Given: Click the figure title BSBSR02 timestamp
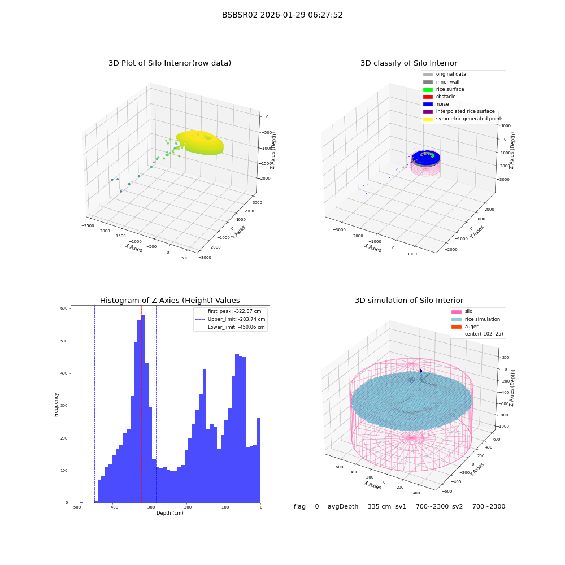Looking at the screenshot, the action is (x=282, y=15).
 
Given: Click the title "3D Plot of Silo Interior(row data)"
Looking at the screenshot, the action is (x=169, y=63).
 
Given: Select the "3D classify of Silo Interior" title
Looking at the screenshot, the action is (x=409, y=63).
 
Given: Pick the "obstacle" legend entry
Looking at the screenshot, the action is (x=440, y=97).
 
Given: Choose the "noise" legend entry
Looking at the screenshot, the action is (x=436, y=104).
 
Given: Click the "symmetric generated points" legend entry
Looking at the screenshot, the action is (x=463, y=119).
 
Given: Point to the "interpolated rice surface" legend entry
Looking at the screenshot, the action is (x=459, y=111).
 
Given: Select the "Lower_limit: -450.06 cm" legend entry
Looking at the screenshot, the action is (x=230, y=327).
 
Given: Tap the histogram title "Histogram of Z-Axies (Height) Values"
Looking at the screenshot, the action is (x=169, y=301).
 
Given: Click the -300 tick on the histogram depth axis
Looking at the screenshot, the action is (x=150, y=507).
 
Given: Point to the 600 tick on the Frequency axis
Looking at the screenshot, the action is (x=64, y=308).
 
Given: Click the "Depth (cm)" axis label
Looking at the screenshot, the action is (x=169, y=513).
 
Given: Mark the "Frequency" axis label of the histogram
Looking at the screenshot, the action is (x=56, y=405).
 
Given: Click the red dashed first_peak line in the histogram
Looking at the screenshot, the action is (x=141, y=405).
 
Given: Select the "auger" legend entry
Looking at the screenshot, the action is (x=465, y=327).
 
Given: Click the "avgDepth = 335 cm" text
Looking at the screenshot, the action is (x=359, y=507).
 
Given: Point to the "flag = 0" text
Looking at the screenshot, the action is (x=306, y=507).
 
